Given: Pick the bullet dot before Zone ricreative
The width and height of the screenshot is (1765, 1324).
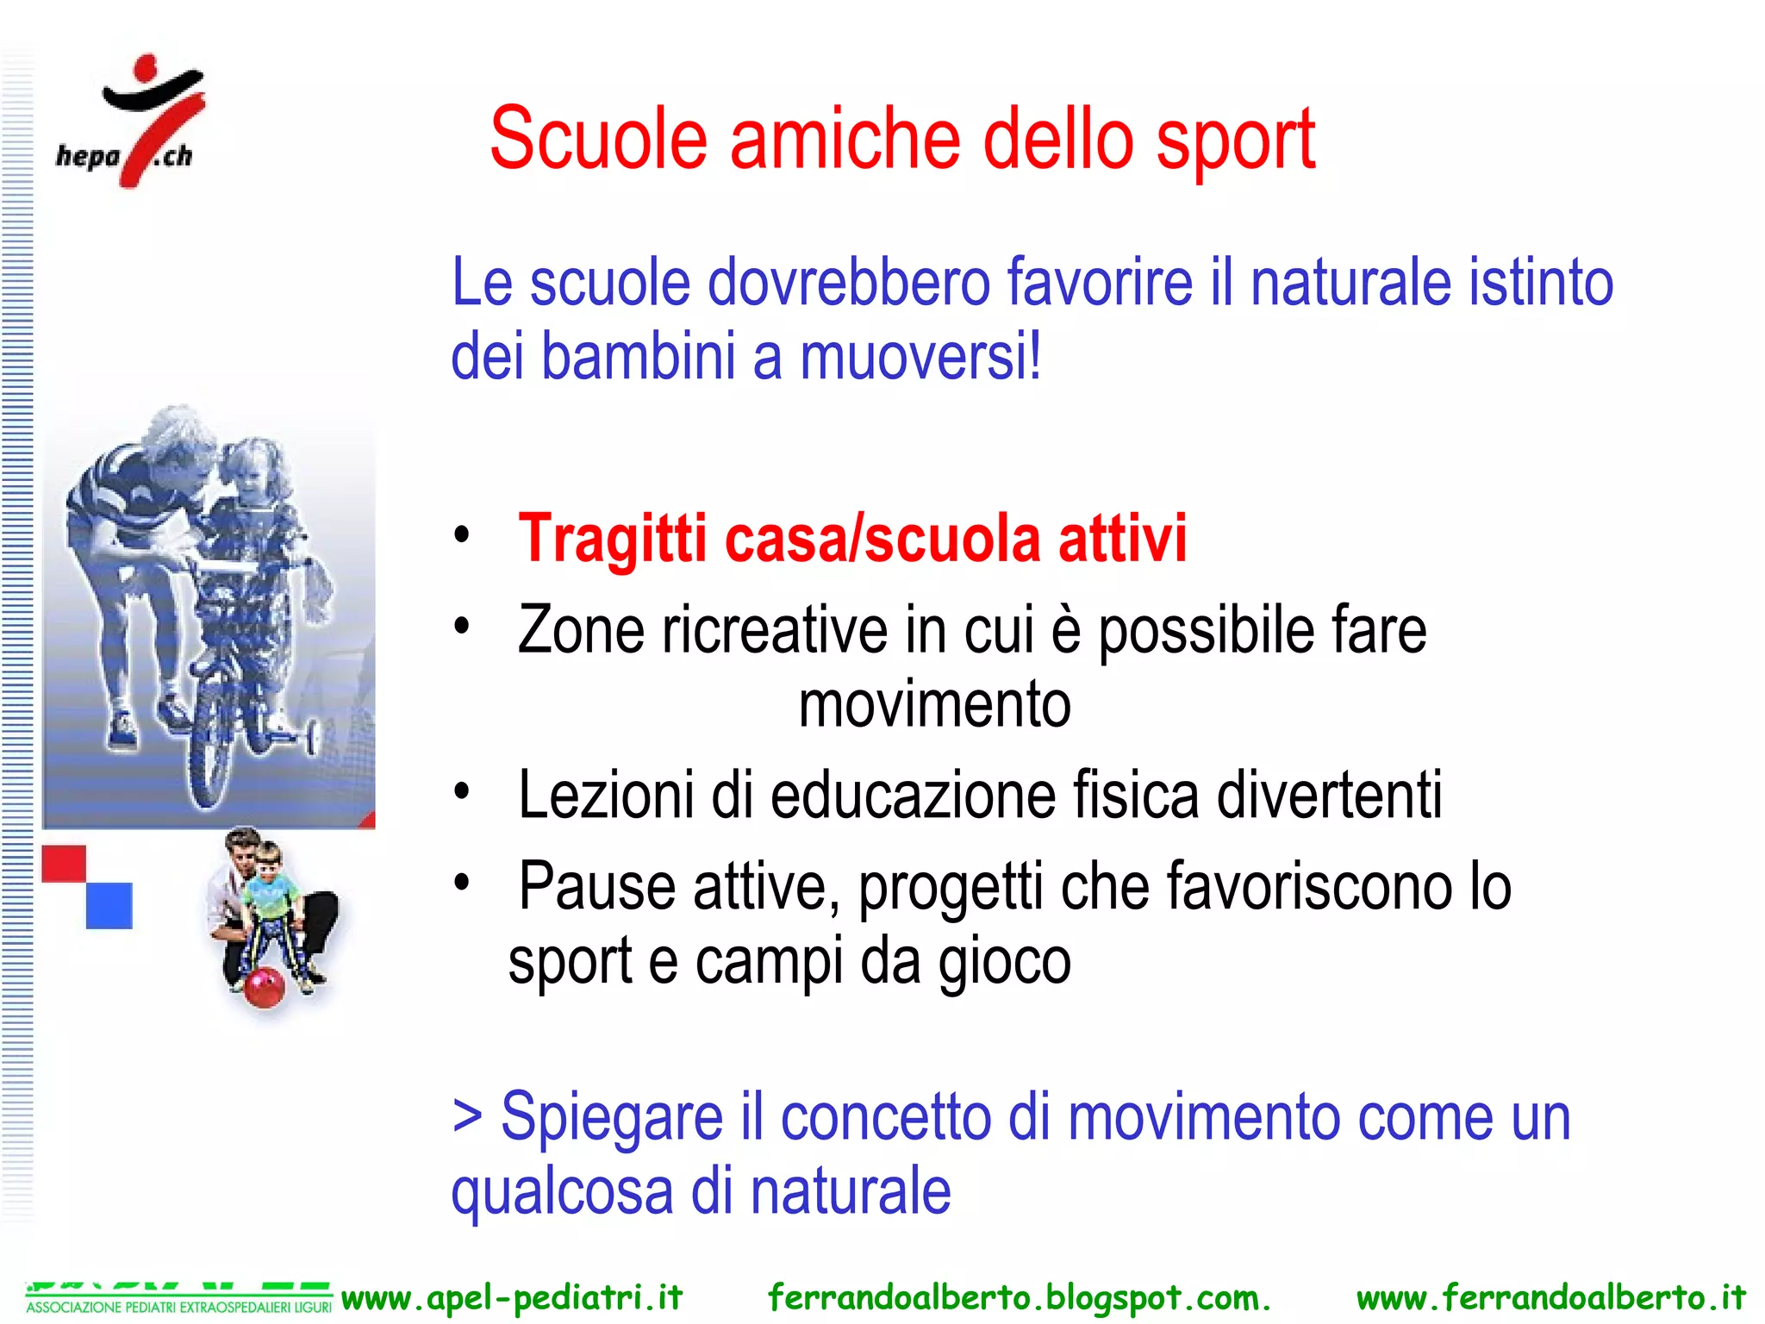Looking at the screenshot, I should click(x=462, y=627).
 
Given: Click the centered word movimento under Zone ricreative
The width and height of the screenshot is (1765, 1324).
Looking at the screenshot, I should click(x=934, y=705).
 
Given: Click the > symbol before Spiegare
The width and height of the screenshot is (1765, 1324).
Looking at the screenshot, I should click(x=467, y=1117).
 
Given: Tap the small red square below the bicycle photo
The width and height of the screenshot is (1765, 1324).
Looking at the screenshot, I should click(x=64, y=864).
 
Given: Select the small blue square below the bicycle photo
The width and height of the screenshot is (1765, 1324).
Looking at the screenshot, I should click(x=109, y=905).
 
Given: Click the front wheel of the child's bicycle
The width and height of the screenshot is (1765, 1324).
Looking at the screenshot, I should click(x=210, y=759).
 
